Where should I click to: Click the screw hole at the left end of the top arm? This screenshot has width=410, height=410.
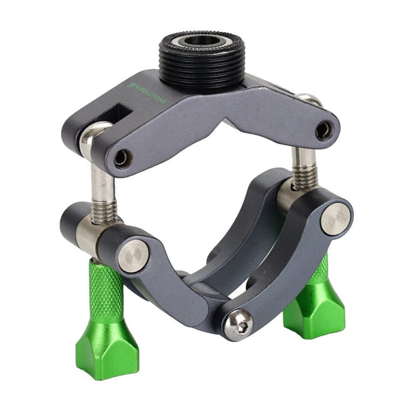pos(122,159)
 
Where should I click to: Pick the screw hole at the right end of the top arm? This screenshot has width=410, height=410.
pos(323,129)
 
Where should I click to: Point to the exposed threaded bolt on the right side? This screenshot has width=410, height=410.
pos(303,167)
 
